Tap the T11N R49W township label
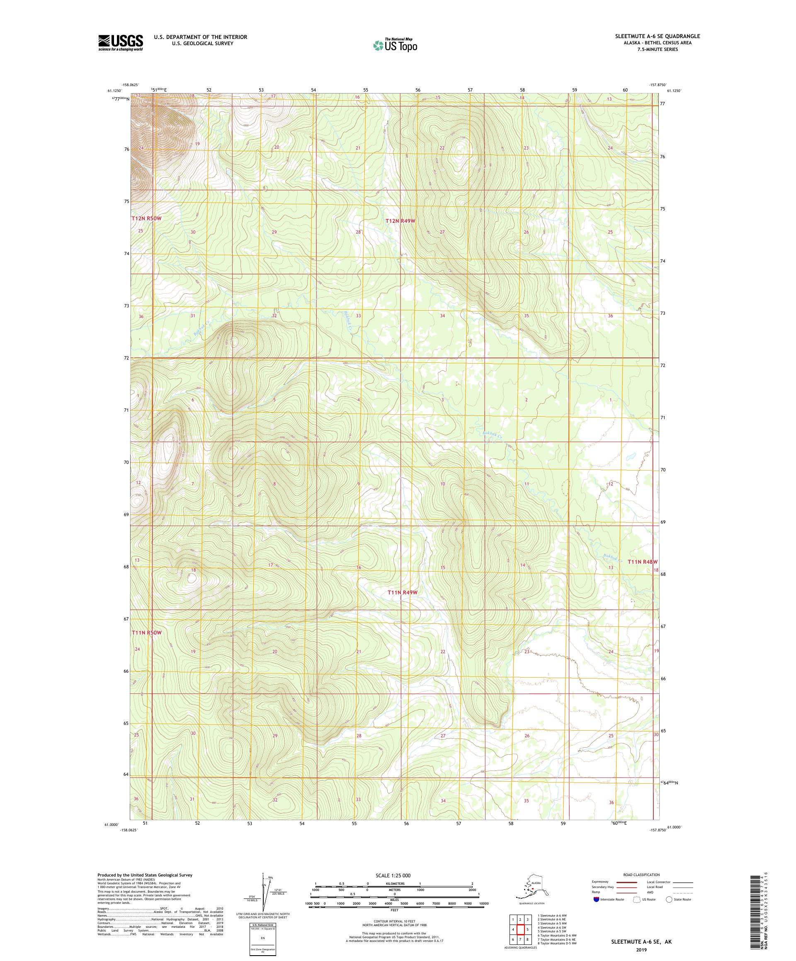click(x=403, y=593)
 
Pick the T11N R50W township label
click(x=147, y=633)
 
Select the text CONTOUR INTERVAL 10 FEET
click(x=395, y=925)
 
